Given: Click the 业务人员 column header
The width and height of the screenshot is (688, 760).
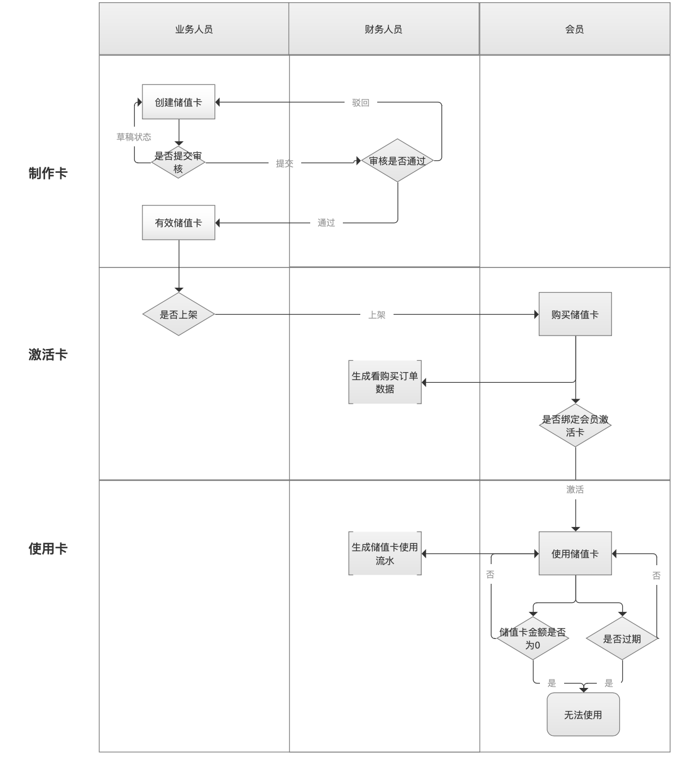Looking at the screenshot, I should coord(194,29).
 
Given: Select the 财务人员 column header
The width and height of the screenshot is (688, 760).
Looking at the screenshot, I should coord(383,29).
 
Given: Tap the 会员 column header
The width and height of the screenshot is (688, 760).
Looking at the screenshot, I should coord(574,29).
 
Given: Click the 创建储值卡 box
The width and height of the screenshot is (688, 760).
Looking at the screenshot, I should coord(178,102).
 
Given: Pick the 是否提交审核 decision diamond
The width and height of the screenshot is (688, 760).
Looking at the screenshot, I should coord(178,162).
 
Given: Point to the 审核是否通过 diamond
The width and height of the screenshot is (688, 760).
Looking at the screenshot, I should coord(397,160).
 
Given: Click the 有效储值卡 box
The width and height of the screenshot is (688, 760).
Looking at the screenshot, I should coord(178,222).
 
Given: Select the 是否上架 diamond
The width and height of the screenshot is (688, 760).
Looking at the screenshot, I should coord(178,314).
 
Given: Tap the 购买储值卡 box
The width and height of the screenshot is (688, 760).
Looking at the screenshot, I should coord(575,314).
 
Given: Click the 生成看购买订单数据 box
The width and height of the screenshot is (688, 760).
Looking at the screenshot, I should coord(385,382).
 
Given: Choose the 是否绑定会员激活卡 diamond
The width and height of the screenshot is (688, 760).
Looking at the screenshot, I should coord(575,426).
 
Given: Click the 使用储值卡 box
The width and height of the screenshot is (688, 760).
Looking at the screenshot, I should coord(575,553).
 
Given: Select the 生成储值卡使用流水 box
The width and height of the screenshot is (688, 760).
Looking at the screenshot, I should coord(385,553).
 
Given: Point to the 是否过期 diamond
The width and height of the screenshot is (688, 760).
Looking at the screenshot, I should coord(622,638).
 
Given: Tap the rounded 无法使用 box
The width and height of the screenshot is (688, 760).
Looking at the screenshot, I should coord(583,714).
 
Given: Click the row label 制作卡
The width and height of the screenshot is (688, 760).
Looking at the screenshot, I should coord(48,173).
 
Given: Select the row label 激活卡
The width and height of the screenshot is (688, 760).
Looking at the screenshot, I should coord(48,355).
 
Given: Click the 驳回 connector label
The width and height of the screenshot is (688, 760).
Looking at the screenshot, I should coord(361,102).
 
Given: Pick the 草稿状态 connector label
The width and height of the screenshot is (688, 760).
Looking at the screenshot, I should coord(134,137).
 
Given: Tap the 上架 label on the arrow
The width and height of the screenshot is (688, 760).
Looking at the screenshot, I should coord(377,315).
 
